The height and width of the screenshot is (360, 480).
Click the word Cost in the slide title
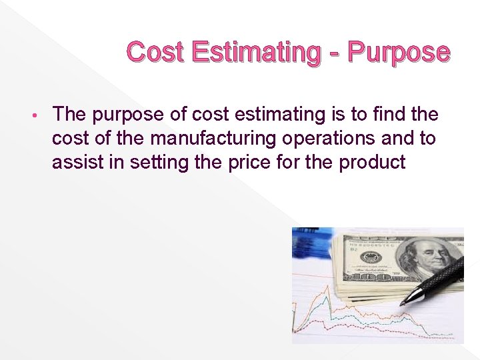(154, 52)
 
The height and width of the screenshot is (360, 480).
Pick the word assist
(75, 162)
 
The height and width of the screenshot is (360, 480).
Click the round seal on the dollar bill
(369, 257)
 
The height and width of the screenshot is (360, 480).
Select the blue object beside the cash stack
(311, 243)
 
